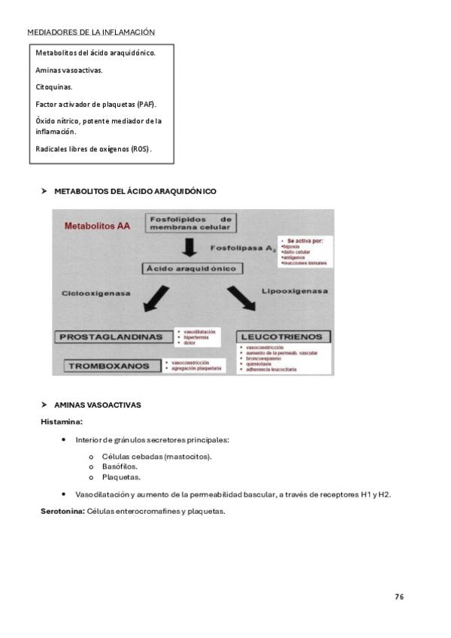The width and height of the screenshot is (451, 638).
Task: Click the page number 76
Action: click(399, 597)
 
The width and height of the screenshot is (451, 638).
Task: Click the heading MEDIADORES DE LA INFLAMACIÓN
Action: click(91, 32)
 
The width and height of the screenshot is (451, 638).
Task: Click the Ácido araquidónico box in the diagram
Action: click(190, 269)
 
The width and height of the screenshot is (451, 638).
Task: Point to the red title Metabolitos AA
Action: click(97, 225)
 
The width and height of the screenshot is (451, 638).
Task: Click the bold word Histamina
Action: click(62, 422)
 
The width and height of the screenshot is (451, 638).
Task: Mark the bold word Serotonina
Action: click(62, 512)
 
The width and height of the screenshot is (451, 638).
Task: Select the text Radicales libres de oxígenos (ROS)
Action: click(93, 149)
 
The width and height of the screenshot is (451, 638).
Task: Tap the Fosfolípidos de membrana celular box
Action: click(190, 223)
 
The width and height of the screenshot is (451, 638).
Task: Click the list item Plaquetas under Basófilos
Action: click(121, 477)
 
